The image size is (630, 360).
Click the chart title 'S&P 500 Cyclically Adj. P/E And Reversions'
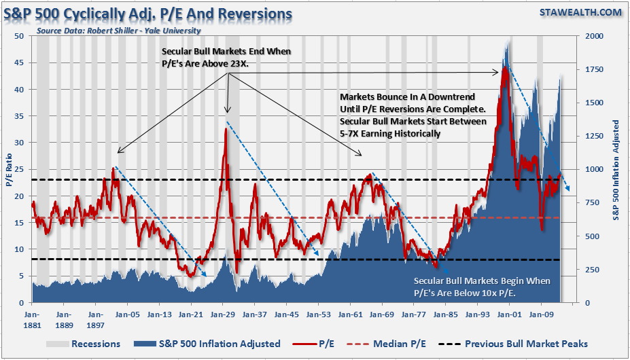pos(149,13)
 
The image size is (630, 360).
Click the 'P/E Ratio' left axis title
pos(8,170)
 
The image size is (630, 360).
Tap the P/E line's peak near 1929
pos(225,128)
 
